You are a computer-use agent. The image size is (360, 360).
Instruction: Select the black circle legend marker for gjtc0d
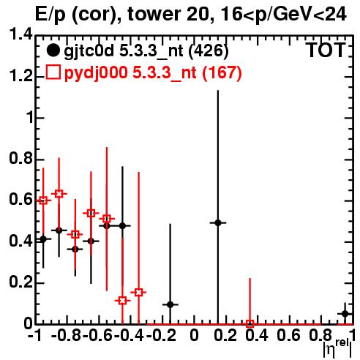[x=53, y=50]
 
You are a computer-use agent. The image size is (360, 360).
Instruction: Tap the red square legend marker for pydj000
[x=53, y=72]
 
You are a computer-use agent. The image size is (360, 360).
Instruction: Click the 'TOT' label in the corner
[x=326, y=50]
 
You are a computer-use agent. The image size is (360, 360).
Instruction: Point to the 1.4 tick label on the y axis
[x=20, y=34]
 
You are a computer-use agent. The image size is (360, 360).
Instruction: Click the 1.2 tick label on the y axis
[x=20, y=76]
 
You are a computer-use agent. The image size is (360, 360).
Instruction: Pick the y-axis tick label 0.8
[x=20, y=159]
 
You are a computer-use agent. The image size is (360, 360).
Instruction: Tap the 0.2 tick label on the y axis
[x=20, y=282]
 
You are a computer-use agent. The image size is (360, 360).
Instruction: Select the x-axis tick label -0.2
[x=161, y=335]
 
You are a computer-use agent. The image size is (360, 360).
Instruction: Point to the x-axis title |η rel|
[x=337, y=349]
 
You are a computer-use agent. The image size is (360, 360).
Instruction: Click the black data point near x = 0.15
[x=218, y=222]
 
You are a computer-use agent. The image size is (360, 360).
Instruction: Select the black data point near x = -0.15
[x=170, y=304]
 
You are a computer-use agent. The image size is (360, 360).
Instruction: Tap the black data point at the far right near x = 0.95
[x=345, y=314]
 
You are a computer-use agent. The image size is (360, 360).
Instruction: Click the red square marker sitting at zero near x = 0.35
[x=250, y=324]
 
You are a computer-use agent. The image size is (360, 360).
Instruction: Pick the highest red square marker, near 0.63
[x=59, y=194]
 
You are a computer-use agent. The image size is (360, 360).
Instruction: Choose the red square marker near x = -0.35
[x=138, y=292]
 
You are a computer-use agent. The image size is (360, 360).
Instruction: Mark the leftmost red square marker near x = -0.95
[x=43, y=200]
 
